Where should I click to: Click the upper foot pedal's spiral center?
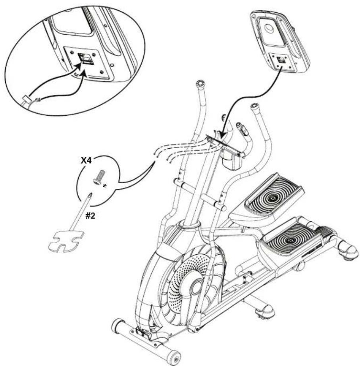[272, 198]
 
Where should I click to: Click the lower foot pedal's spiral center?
[293, 240]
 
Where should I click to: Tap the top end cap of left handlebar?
[200, 84]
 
